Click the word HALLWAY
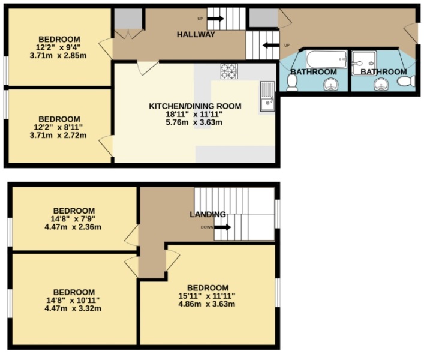coord(196,34)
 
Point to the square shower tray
coord(363,60)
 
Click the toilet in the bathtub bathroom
coord(292,82)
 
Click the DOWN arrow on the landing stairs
coord(221,227)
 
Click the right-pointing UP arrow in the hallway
coord(215,19)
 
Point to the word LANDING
coord(208,214)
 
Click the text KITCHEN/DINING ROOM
coord(195,106)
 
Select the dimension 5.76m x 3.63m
coord(195,122)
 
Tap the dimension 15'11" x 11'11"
coord(208,296)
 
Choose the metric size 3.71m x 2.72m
coord(58,135)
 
